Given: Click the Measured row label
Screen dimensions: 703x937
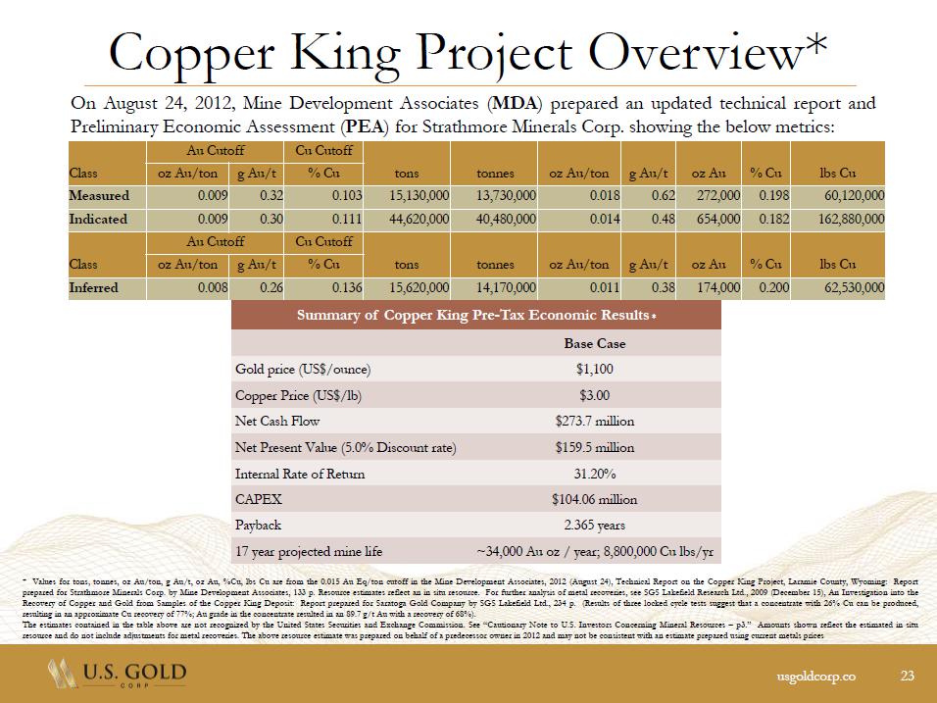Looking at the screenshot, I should point(99,195).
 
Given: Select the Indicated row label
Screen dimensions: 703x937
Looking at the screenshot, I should point(98,219).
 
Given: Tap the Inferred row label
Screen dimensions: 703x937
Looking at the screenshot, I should point(94,288).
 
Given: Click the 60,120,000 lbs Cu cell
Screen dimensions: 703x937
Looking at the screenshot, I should point(850,195).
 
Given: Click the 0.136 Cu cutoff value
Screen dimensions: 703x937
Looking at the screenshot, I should point(343,288).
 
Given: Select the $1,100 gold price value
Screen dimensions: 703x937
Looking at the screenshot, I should point(594,370).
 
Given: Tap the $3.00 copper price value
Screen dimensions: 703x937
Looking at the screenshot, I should point(594,395).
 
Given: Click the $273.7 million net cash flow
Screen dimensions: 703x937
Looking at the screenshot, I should point(594,422).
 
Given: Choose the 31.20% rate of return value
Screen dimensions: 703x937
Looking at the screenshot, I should point(594,474).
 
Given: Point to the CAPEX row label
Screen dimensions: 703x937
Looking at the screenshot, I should point(258,499).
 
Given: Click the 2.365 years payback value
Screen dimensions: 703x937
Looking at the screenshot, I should point(594,526).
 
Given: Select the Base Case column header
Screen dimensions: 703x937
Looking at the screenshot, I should point(594,344).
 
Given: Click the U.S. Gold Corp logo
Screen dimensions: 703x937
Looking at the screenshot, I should point(116,676).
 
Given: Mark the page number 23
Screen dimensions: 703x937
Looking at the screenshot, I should point(907,675).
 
